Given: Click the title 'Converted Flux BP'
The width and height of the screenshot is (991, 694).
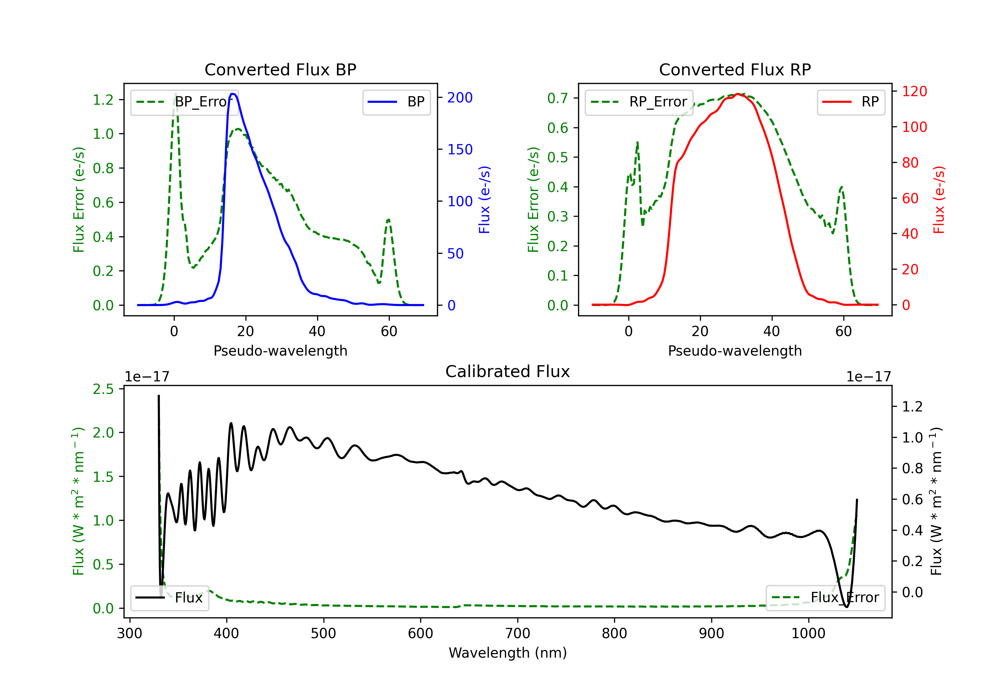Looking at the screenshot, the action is (280, 69).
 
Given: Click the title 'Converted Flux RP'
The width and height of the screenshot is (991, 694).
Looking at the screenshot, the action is (735, 69).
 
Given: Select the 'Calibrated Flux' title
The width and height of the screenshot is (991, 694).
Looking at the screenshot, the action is (508, 371).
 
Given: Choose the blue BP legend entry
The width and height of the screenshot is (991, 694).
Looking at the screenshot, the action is (396, 102).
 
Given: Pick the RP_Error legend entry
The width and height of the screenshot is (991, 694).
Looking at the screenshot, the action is (639, 102).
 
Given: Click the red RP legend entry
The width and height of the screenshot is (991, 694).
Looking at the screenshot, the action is (851, 102).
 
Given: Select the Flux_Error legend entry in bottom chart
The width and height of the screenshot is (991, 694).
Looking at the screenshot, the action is (825, 598).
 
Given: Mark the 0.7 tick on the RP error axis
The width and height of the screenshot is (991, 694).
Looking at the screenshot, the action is (558, 98).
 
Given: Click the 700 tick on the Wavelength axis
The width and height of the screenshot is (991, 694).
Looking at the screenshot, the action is (518, 634).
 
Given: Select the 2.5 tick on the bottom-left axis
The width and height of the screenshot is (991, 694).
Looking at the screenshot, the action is (103, 389).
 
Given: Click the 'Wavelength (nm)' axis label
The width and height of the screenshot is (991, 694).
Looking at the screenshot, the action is (508, 653).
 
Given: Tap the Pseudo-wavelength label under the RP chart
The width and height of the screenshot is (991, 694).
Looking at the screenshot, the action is (735, 351).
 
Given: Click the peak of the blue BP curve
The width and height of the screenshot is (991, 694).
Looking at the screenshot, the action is (233, 94).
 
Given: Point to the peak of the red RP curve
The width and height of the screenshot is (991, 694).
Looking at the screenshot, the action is (738, 94).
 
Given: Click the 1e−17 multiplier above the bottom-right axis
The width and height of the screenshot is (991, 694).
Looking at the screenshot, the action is (868, 377).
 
